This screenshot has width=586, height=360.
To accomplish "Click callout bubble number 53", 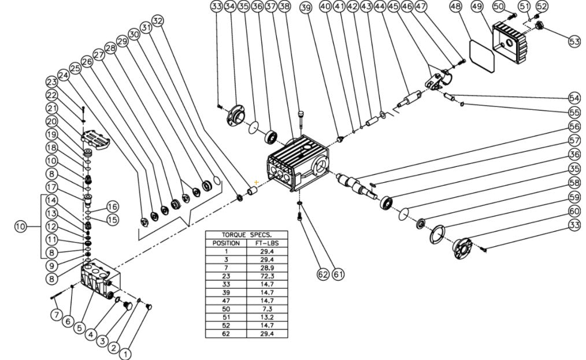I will (574, 42).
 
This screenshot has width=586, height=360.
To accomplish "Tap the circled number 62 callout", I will (323, 274).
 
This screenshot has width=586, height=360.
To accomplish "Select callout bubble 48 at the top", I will (455, 7).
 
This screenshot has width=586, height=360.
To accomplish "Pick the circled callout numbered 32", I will (158, 20).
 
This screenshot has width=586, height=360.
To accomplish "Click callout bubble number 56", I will (574, 126).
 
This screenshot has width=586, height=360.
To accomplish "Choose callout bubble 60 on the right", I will (574, 211).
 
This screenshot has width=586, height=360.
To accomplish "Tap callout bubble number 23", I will (53, 81).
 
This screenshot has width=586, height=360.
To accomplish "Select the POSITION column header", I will (226, 243).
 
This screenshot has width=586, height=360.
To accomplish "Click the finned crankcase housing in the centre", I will (295, 165).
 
